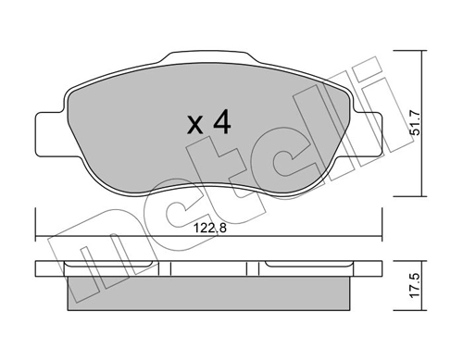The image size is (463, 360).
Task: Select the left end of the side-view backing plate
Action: pyautogui.click(x=42, y=268)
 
